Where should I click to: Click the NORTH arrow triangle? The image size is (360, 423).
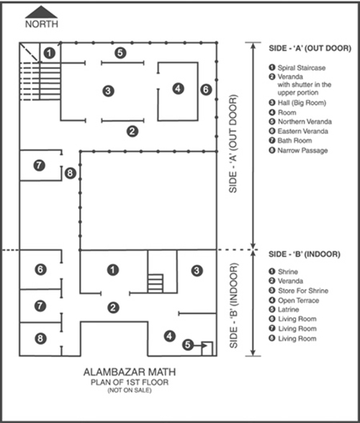[41, 12]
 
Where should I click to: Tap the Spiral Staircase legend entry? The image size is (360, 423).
[297, 68]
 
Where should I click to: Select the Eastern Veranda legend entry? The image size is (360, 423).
[299, 131]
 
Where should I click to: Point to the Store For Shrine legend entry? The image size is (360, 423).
[299, 290]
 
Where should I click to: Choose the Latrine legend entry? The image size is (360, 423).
[284, 309]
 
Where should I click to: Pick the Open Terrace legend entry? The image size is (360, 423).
[294, 300]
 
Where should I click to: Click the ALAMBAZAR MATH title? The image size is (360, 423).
[130, 373]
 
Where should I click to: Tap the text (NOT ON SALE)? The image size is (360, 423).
[130, 391]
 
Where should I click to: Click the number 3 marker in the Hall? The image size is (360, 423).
[108, 91]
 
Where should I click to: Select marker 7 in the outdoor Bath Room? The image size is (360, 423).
[40, 165]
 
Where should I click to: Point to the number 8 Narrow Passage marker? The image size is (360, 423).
[70, 173]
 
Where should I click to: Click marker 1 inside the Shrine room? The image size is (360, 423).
[112, 270]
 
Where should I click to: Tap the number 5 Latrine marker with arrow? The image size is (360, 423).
[188, 344]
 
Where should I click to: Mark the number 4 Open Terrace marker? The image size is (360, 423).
[169, 336]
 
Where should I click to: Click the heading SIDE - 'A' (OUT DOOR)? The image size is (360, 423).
[310, 48]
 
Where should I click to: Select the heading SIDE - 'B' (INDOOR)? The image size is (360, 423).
[305, 254]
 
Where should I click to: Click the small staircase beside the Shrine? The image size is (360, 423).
[156, 283]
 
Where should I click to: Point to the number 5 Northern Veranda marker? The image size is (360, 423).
[120, 53]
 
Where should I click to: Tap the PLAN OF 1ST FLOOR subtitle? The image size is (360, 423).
[130, 382]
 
